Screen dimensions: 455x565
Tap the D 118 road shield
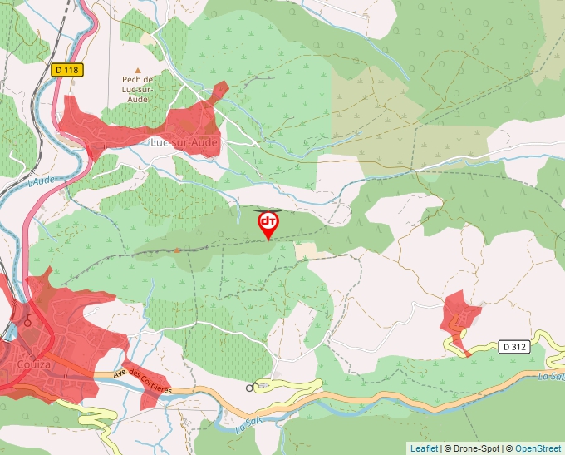66,71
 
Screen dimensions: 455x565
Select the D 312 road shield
515,345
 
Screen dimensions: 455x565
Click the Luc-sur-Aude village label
184,143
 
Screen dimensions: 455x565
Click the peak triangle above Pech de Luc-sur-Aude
138,71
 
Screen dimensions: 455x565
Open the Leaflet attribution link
424,448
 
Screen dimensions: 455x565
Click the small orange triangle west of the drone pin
177,249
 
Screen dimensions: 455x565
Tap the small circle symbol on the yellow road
249,388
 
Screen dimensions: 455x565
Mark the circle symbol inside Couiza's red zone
27,322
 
